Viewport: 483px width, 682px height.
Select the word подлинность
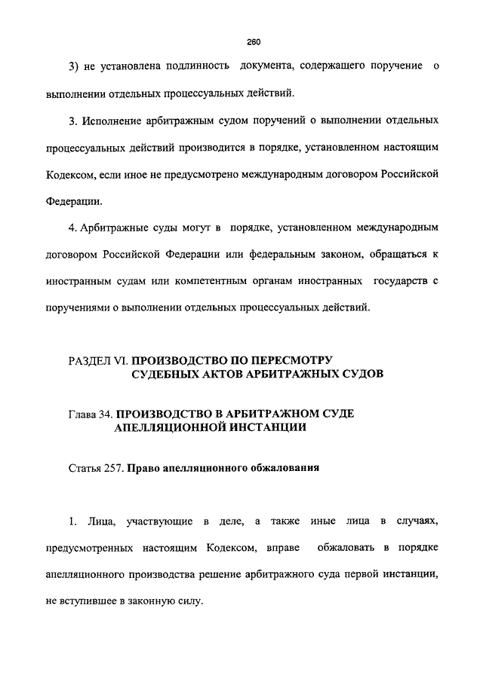point(193,68)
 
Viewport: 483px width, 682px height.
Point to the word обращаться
point(401,254)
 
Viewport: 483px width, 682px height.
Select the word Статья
point(85,468)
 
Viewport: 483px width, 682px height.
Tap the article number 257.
point(113,468)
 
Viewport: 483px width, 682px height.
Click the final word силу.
point(189,601)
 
